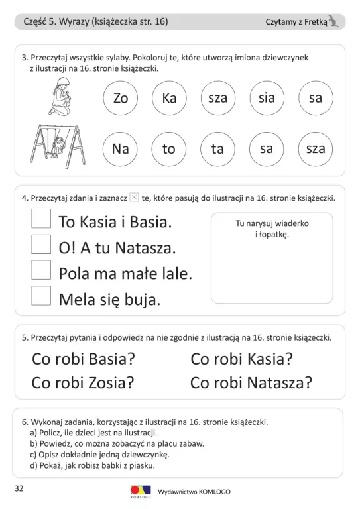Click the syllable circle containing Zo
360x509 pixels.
121,98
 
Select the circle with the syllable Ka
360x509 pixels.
169,98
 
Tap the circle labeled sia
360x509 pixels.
267,98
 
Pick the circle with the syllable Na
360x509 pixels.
121,149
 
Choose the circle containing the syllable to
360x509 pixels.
169,149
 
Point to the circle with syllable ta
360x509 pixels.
217,149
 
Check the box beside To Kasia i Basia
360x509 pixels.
41,219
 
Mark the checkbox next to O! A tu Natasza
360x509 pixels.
41,245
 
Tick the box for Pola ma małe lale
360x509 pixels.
41,270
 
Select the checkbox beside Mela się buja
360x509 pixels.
41,296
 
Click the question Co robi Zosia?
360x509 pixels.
84,382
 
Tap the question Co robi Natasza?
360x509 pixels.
251,382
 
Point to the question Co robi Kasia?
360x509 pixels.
241,359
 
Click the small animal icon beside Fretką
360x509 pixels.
335,22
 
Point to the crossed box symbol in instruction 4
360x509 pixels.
134,197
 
